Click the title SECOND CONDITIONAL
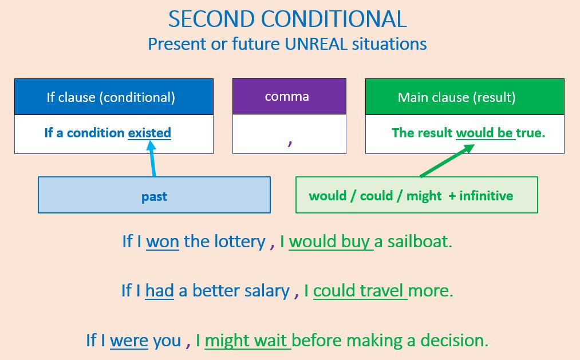[287, 19]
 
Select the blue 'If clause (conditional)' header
[113, 97]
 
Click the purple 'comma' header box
[289, 96]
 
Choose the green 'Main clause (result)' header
[464, 97]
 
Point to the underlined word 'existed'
[149, 133]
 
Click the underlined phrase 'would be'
[484, 133]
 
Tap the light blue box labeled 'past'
[154, 196]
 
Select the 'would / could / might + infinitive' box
[416, 195]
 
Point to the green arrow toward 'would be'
[447, 161]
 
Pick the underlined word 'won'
[163, 242]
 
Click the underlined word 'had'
[160, 291]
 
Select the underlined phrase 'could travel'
[360, 291]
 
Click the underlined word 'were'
[129, 341]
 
